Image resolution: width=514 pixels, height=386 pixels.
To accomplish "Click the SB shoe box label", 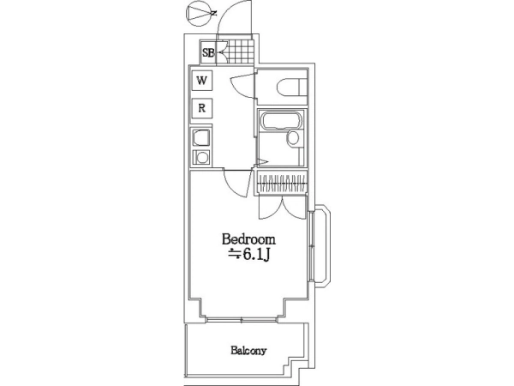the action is (208, 52).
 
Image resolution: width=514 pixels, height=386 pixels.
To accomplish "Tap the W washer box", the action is (201, 80).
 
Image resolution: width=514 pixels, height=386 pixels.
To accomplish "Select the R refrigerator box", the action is (201, 108).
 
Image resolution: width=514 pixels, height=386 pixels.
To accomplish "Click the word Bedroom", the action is (248, 239).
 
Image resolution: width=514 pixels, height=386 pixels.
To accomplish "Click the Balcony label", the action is (248, 351).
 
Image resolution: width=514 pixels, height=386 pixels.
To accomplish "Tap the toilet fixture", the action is (291, 87).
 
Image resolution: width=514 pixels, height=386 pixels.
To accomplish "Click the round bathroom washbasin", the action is (293, 138).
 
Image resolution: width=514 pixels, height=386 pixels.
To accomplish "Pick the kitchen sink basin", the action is (201, 138).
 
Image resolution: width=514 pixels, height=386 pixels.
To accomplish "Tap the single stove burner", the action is (201, 158).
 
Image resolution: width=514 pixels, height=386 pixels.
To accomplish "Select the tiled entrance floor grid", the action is (240, 51).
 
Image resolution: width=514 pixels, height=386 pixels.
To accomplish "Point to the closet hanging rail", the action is (283, 183).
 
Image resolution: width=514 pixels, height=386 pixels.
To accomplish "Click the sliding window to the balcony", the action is (242, 319).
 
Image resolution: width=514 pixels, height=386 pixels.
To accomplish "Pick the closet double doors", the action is (282, 208).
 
